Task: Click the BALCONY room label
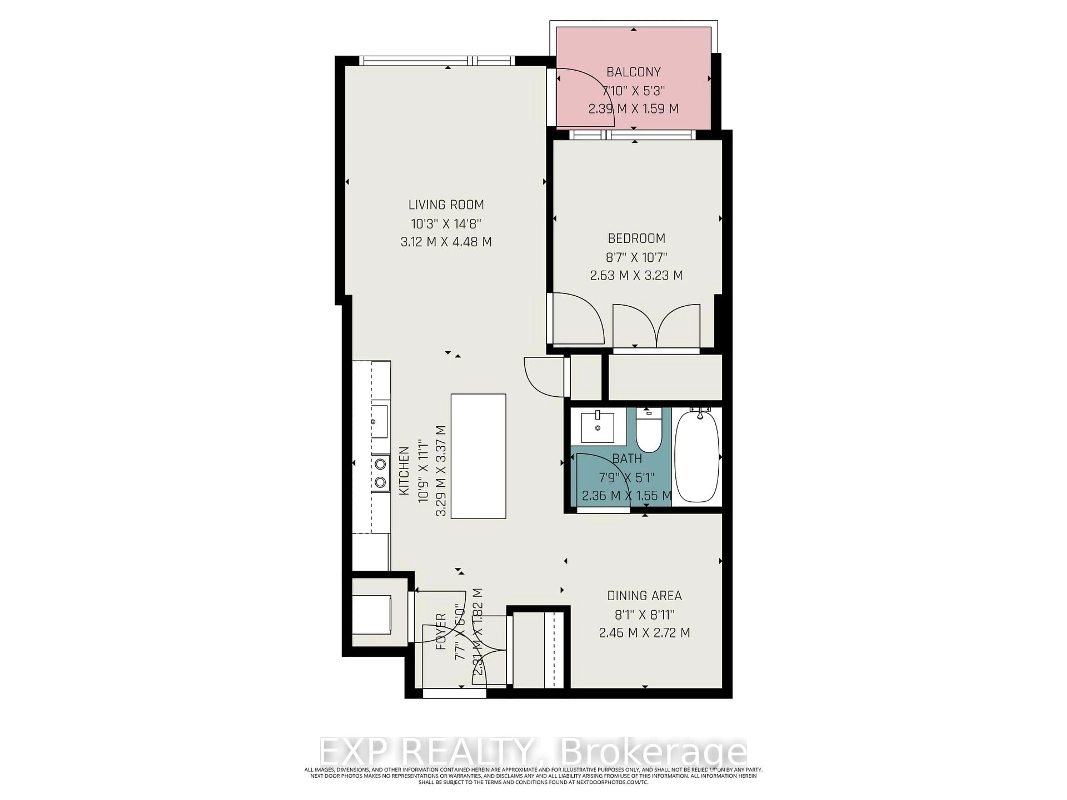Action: pyautogui.click(x=633, y=72)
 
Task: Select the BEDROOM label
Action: pyautogui.click(x=636, y=238)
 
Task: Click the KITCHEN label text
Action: pyautogui.click(x=404, y=471)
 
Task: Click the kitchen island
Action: pyautogui.click(x=478, y=456)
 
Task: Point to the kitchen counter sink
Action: pyautogui.click(x=379, y=421)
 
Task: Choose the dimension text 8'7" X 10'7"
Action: pyautogui.click(x=636, y=257)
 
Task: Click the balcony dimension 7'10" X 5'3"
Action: pyautogui.click(x=633, y=91)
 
